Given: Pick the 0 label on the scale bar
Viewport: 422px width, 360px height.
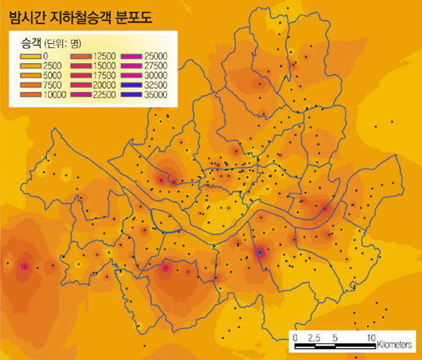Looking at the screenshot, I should [295, 337].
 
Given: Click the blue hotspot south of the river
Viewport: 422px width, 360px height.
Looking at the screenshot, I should [260, 251].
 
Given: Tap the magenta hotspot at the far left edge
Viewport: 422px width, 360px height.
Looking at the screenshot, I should [24, 266].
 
